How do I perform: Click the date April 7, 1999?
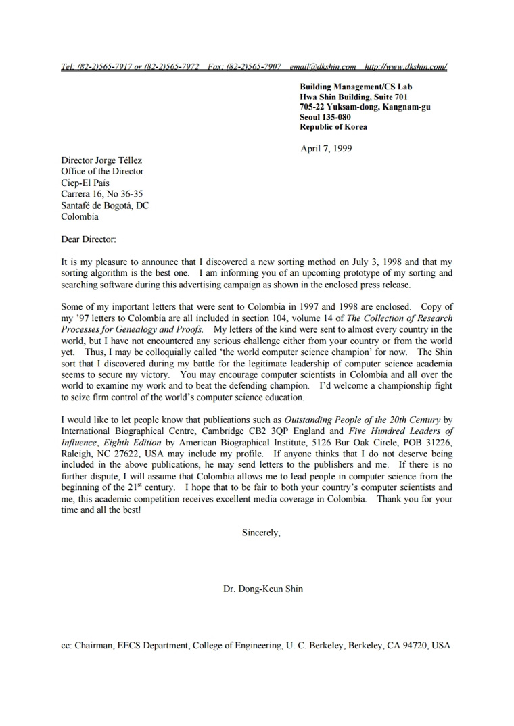point(326,149)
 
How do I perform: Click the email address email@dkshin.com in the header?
point(323,66)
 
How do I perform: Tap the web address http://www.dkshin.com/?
point(405,66)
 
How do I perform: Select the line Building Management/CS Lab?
point(356,87)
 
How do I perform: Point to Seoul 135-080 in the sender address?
point(325,117)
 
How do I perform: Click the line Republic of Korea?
point(333,127)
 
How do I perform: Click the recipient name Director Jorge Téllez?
point(101,160)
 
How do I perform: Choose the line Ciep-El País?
point(85,183)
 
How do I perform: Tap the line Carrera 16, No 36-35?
point(101,194)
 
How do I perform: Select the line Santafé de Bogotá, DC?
point(105,205)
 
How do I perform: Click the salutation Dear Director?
point(89,239)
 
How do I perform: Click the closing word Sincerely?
point(260,533)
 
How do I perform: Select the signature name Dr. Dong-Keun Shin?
point(263,589)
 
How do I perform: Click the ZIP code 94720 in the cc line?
point(416,646)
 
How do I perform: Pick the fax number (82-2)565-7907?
point(254,66)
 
